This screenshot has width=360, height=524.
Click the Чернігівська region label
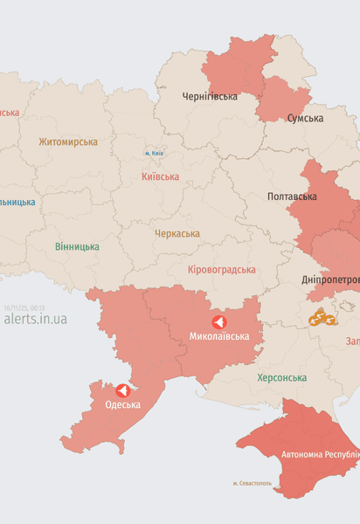(x=210, y=96)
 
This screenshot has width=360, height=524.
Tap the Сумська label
(x=305, y=118)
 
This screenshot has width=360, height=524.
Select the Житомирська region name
(x=68, y=141)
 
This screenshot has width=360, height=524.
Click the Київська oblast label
(x=160, y=176)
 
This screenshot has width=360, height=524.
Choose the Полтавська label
(x=292, y=196)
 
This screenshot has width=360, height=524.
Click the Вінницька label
(x=77, y=247)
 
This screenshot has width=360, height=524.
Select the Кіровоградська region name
(x=222, y=270)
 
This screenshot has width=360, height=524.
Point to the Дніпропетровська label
(x=330, y=279)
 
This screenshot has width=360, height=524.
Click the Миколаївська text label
(x=219, y=336)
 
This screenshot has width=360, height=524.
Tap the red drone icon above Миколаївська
(x=218, y=321)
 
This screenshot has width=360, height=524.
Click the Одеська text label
(x=122, y=404)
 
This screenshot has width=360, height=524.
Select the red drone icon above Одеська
(x=122, y=390)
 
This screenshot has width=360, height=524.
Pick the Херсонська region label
(x=281, y=378)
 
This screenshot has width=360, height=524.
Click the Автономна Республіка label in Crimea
(x=320, y=455)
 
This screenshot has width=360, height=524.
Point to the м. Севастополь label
(x=252, y=483)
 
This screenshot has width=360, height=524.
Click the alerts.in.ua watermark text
(x=35, y=319)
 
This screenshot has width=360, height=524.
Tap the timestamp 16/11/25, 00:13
(x=24, y=307)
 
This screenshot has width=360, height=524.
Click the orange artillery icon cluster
(x=322, y=318)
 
